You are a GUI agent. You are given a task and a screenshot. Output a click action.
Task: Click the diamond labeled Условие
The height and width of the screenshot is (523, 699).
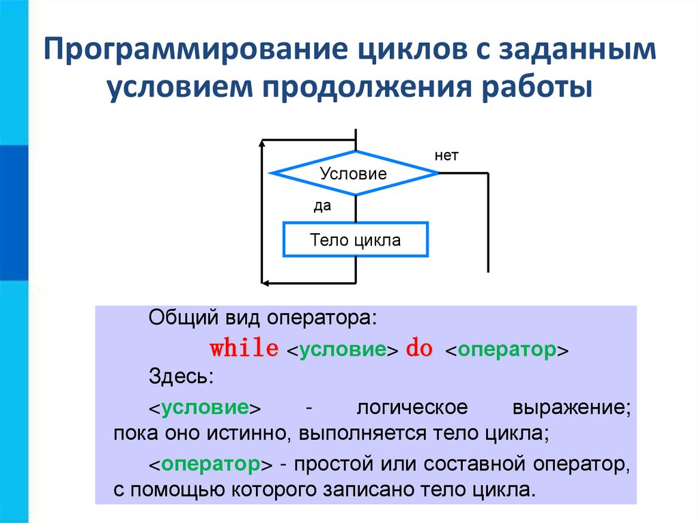[354, 173]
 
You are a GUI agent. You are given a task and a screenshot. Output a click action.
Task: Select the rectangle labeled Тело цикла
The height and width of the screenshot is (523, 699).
[355, 239]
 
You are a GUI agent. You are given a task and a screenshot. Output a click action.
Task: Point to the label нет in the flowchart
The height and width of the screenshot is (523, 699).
[446, 156]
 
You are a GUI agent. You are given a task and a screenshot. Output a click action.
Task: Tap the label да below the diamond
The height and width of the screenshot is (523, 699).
[322, 206]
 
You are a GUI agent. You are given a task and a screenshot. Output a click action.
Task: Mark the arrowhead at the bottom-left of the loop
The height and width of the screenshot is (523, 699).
[265, 281]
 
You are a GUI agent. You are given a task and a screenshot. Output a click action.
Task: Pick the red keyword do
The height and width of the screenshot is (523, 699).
[420, 348]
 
